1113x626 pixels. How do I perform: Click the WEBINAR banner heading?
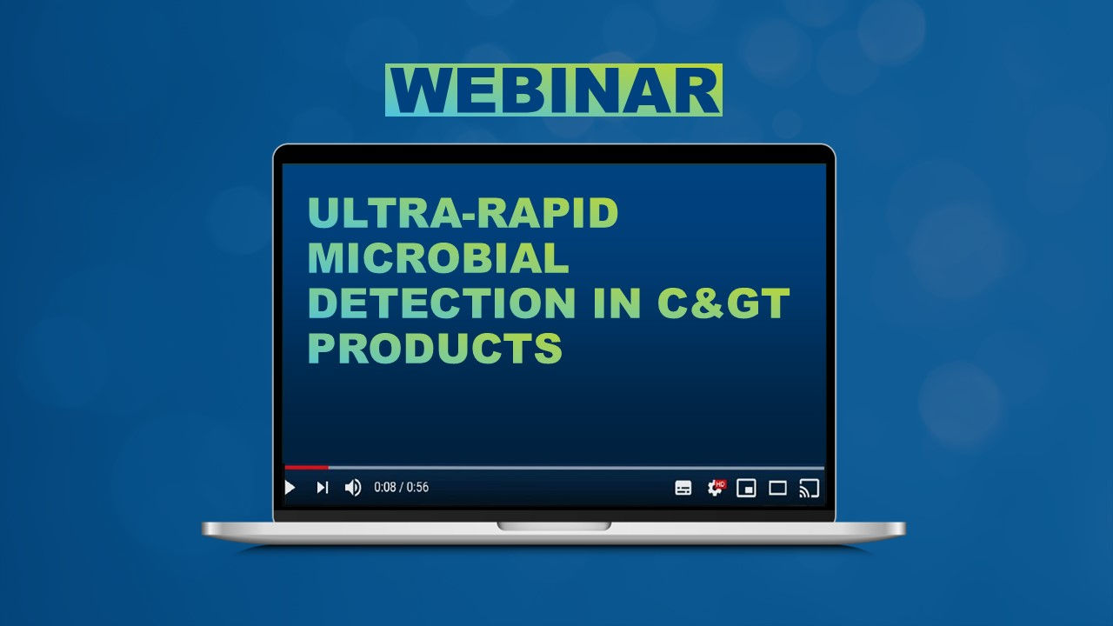[x=553, y=90]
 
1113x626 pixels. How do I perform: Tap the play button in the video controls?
[x=290, y=488]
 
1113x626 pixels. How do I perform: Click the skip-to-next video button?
[x=322, y=488]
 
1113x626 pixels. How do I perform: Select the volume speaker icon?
[x=352, y=488]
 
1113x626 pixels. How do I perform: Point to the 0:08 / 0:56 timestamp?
[x=401, y=488]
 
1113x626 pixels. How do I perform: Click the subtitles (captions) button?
[x=683, y=488]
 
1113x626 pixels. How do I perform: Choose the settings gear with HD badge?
[x=715, y=488]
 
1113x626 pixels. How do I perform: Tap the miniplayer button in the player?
[x=746, y=488]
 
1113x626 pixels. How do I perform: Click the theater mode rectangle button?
[x=777, y=488]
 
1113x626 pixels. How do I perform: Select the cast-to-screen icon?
[x=809, y=488]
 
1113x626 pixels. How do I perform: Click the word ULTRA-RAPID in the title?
[x=463, y=213]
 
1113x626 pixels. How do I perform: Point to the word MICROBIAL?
[x=438, y=258]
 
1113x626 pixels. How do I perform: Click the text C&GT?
[x=723, y=303]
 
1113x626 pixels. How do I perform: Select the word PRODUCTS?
[x=435, y=348]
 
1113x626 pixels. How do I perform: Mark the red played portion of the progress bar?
[x=306, y=468]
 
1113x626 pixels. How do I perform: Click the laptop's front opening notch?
[x=554, y=526]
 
